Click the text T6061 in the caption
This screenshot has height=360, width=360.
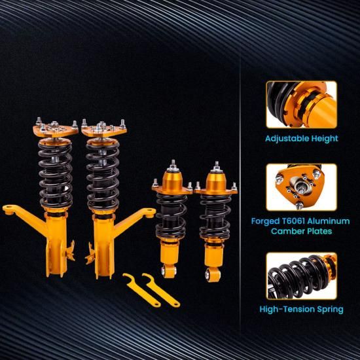click(293, 221)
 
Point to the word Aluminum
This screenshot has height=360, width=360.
click(329, 221)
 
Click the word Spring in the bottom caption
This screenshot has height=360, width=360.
click(330, 310)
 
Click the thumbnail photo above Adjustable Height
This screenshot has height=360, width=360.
click(302, 105)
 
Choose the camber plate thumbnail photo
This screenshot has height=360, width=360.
click(302, 187)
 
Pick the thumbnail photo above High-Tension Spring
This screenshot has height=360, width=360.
click(302, 276)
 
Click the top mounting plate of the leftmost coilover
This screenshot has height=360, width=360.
click(56, 131)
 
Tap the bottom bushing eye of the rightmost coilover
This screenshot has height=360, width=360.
click(212, 275)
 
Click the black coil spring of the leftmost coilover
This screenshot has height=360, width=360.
click(56, 175)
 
